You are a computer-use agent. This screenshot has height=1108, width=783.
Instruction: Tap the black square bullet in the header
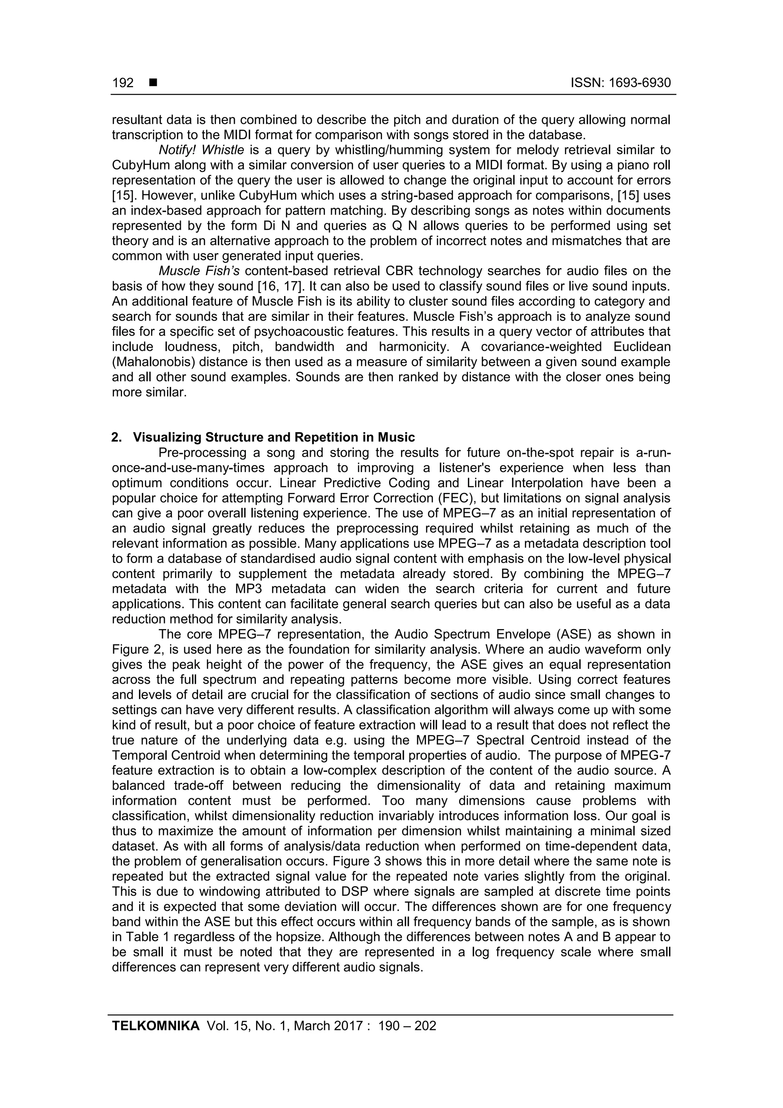[153, 83]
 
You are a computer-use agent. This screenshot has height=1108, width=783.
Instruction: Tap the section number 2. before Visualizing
[117, 437]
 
